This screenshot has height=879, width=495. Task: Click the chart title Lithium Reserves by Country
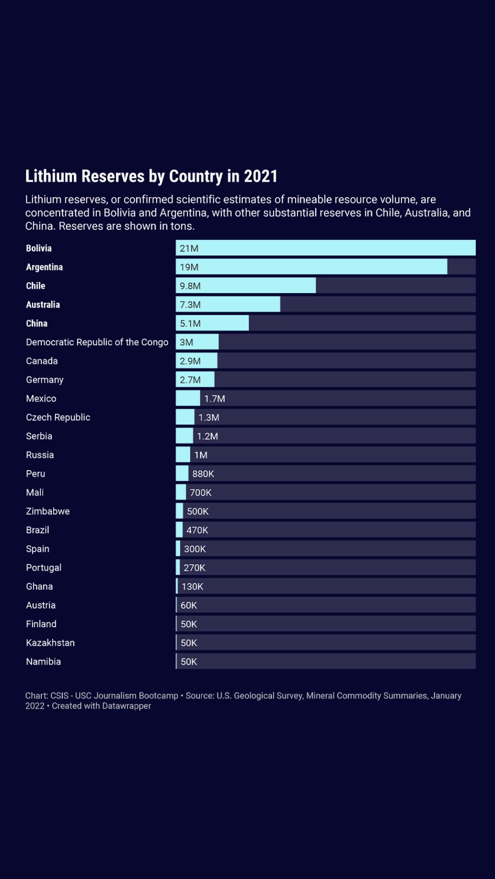(x=151, y=176)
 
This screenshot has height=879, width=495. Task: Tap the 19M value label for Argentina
(x=189, y=267)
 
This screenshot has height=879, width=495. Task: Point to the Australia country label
(x=43, y=304)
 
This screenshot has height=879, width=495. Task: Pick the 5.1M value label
(x=190, y=324)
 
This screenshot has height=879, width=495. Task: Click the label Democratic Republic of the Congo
(x=97, y=342)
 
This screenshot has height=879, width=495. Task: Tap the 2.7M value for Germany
(x=190, y=380)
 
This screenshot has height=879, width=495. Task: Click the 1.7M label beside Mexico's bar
(x=214, y=399)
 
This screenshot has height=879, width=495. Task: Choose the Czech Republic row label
(x=58, y=417)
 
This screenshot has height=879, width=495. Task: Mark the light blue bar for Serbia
(x=184, y=436)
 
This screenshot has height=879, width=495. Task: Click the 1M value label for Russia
(x=201, y=455)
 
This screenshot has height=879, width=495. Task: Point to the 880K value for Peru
(x=203, y=474)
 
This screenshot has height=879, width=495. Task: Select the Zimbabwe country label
(x=48, y=511)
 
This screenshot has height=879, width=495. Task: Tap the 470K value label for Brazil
(x=197, y=530)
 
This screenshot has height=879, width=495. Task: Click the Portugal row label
(x=44, y=568)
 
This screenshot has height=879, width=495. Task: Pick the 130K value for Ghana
(x=192, y=586)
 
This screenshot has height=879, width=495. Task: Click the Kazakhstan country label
(x=50, y=643)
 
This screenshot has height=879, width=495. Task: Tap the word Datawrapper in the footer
(x=126, y=706)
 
